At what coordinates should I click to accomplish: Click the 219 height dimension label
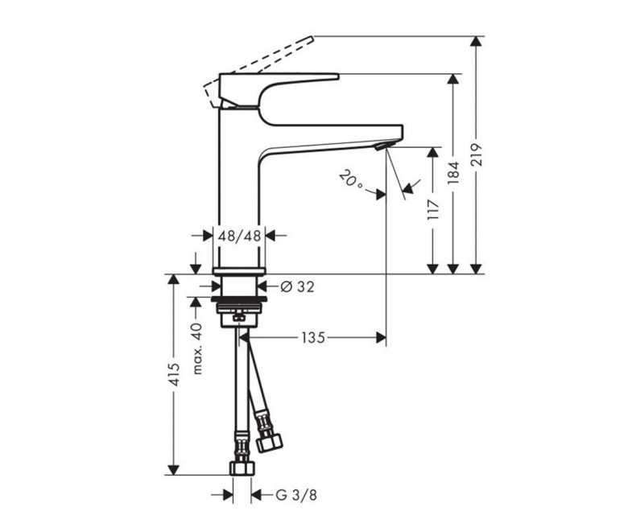pos(477,154)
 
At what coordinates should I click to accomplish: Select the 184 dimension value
pos(453,172)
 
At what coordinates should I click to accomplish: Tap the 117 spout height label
pos(433,209)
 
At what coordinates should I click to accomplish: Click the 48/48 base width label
pos(239,236)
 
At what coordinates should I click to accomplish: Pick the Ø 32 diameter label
pos(297,286)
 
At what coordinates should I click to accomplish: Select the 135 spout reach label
pos(313,338)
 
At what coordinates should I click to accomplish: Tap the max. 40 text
pos(197,348)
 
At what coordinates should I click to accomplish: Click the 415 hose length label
pos(174,375)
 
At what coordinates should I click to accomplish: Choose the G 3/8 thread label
pos(296,495)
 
